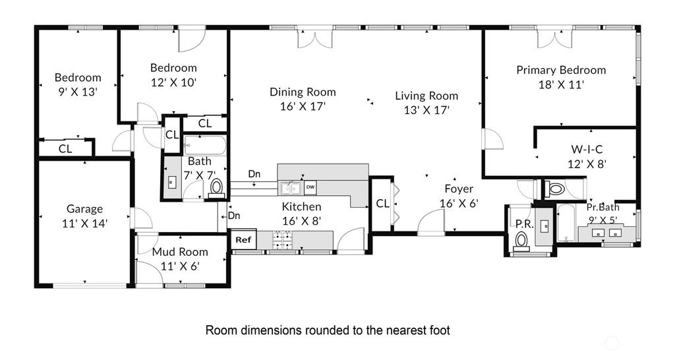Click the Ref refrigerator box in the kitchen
244,239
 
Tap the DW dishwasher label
310,187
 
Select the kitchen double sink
291,188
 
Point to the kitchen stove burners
280,240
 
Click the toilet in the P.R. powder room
522,240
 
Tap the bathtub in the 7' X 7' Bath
204,146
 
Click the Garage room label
84,209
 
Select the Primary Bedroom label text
561,70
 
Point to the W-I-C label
587,150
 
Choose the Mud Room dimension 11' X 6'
180,266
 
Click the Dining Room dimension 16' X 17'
303,106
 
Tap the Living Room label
426,96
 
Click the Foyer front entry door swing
431,223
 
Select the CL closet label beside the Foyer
383,203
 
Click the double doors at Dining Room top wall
315,38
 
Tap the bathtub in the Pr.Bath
565,223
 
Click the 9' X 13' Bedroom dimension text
78,92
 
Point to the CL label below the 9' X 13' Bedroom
65,149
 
